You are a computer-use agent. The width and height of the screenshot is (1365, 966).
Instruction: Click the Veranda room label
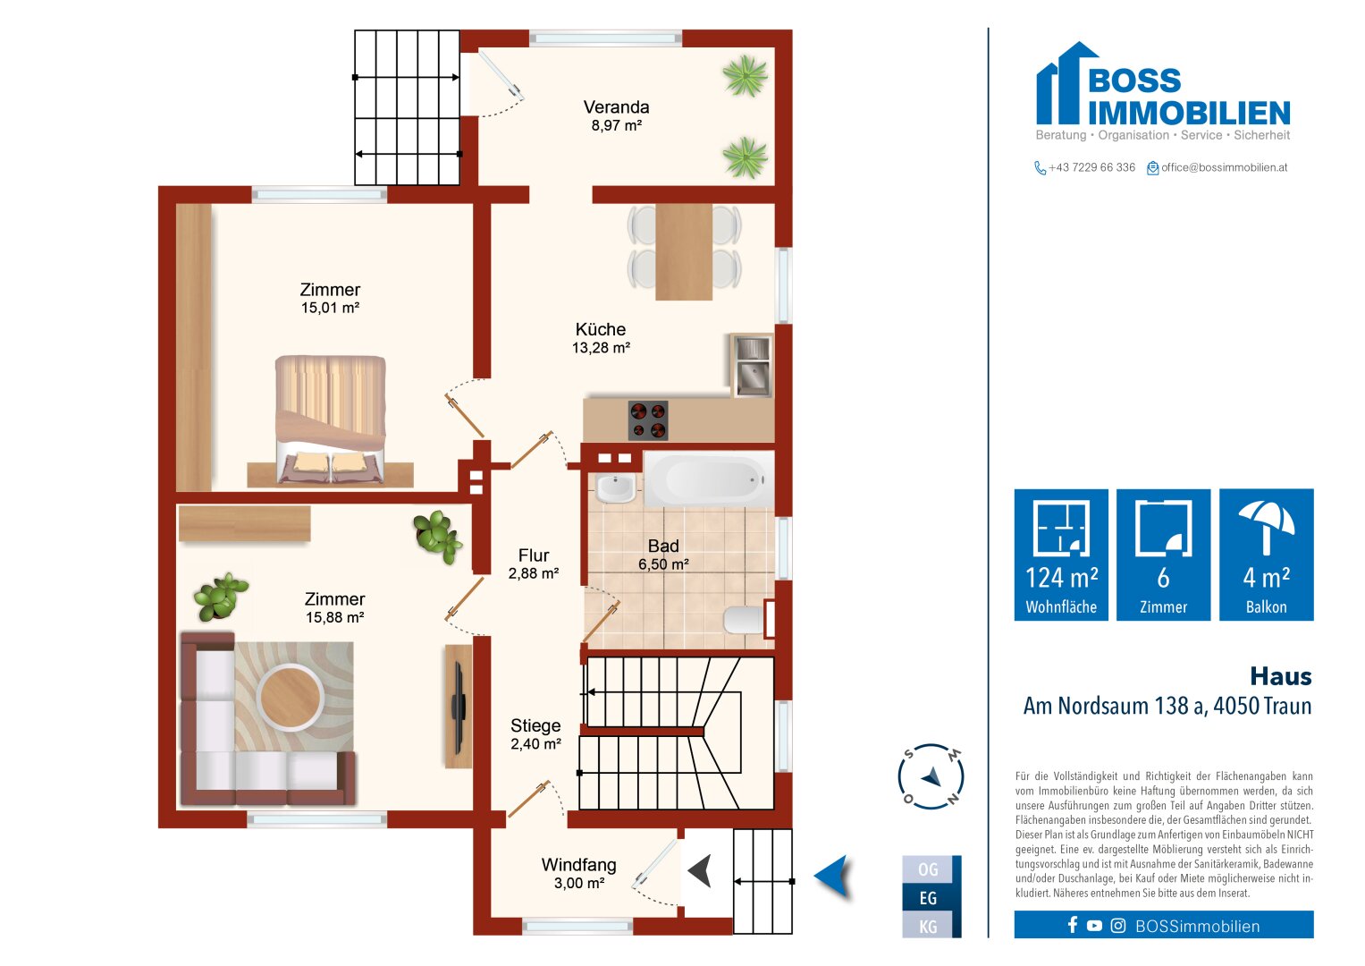(x=616, y=107)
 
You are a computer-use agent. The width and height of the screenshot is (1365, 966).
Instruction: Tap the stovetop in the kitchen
(x=648, y=420)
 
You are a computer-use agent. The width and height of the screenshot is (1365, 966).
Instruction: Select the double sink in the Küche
(x=753, y=365)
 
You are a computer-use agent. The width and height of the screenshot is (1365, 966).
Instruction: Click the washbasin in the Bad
(x=616, y=487)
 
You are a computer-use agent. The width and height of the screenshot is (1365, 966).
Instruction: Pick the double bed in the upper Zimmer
(x=330, y=419)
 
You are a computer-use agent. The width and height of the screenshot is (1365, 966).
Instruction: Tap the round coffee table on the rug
(x=290, y=697)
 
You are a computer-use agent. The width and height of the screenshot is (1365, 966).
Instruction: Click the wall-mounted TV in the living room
(x=459, y=707)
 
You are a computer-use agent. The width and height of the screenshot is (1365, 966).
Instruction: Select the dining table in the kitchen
(x=684, y=252)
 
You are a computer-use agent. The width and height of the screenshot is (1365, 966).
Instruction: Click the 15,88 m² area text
(x=334, y=617)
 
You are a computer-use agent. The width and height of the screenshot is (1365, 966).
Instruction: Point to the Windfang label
(x=578, y=865)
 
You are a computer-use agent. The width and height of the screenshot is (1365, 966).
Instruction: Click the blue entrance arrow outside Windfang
(x=832, y=876)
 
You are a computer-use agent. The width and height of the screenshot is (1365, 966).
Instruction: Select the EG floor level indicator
(x=928, y=898)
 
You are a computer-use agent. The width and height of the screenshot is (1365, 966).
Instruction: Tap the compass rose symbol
(x=931, y=776)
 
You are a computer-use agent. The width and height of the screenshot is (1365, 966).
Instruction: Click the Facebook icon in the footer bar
(x=1073, y=925)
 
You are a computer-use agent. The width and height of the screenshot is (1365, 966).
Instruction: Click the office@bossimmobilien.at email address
(x=1224, y=168)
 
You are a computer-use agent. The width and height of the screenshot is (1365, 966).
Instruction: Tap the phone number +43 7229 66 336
(x=1091, y=168)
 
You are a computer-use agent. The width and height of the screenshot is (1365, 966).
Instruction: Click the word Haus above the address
(x=1281, y=676)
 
